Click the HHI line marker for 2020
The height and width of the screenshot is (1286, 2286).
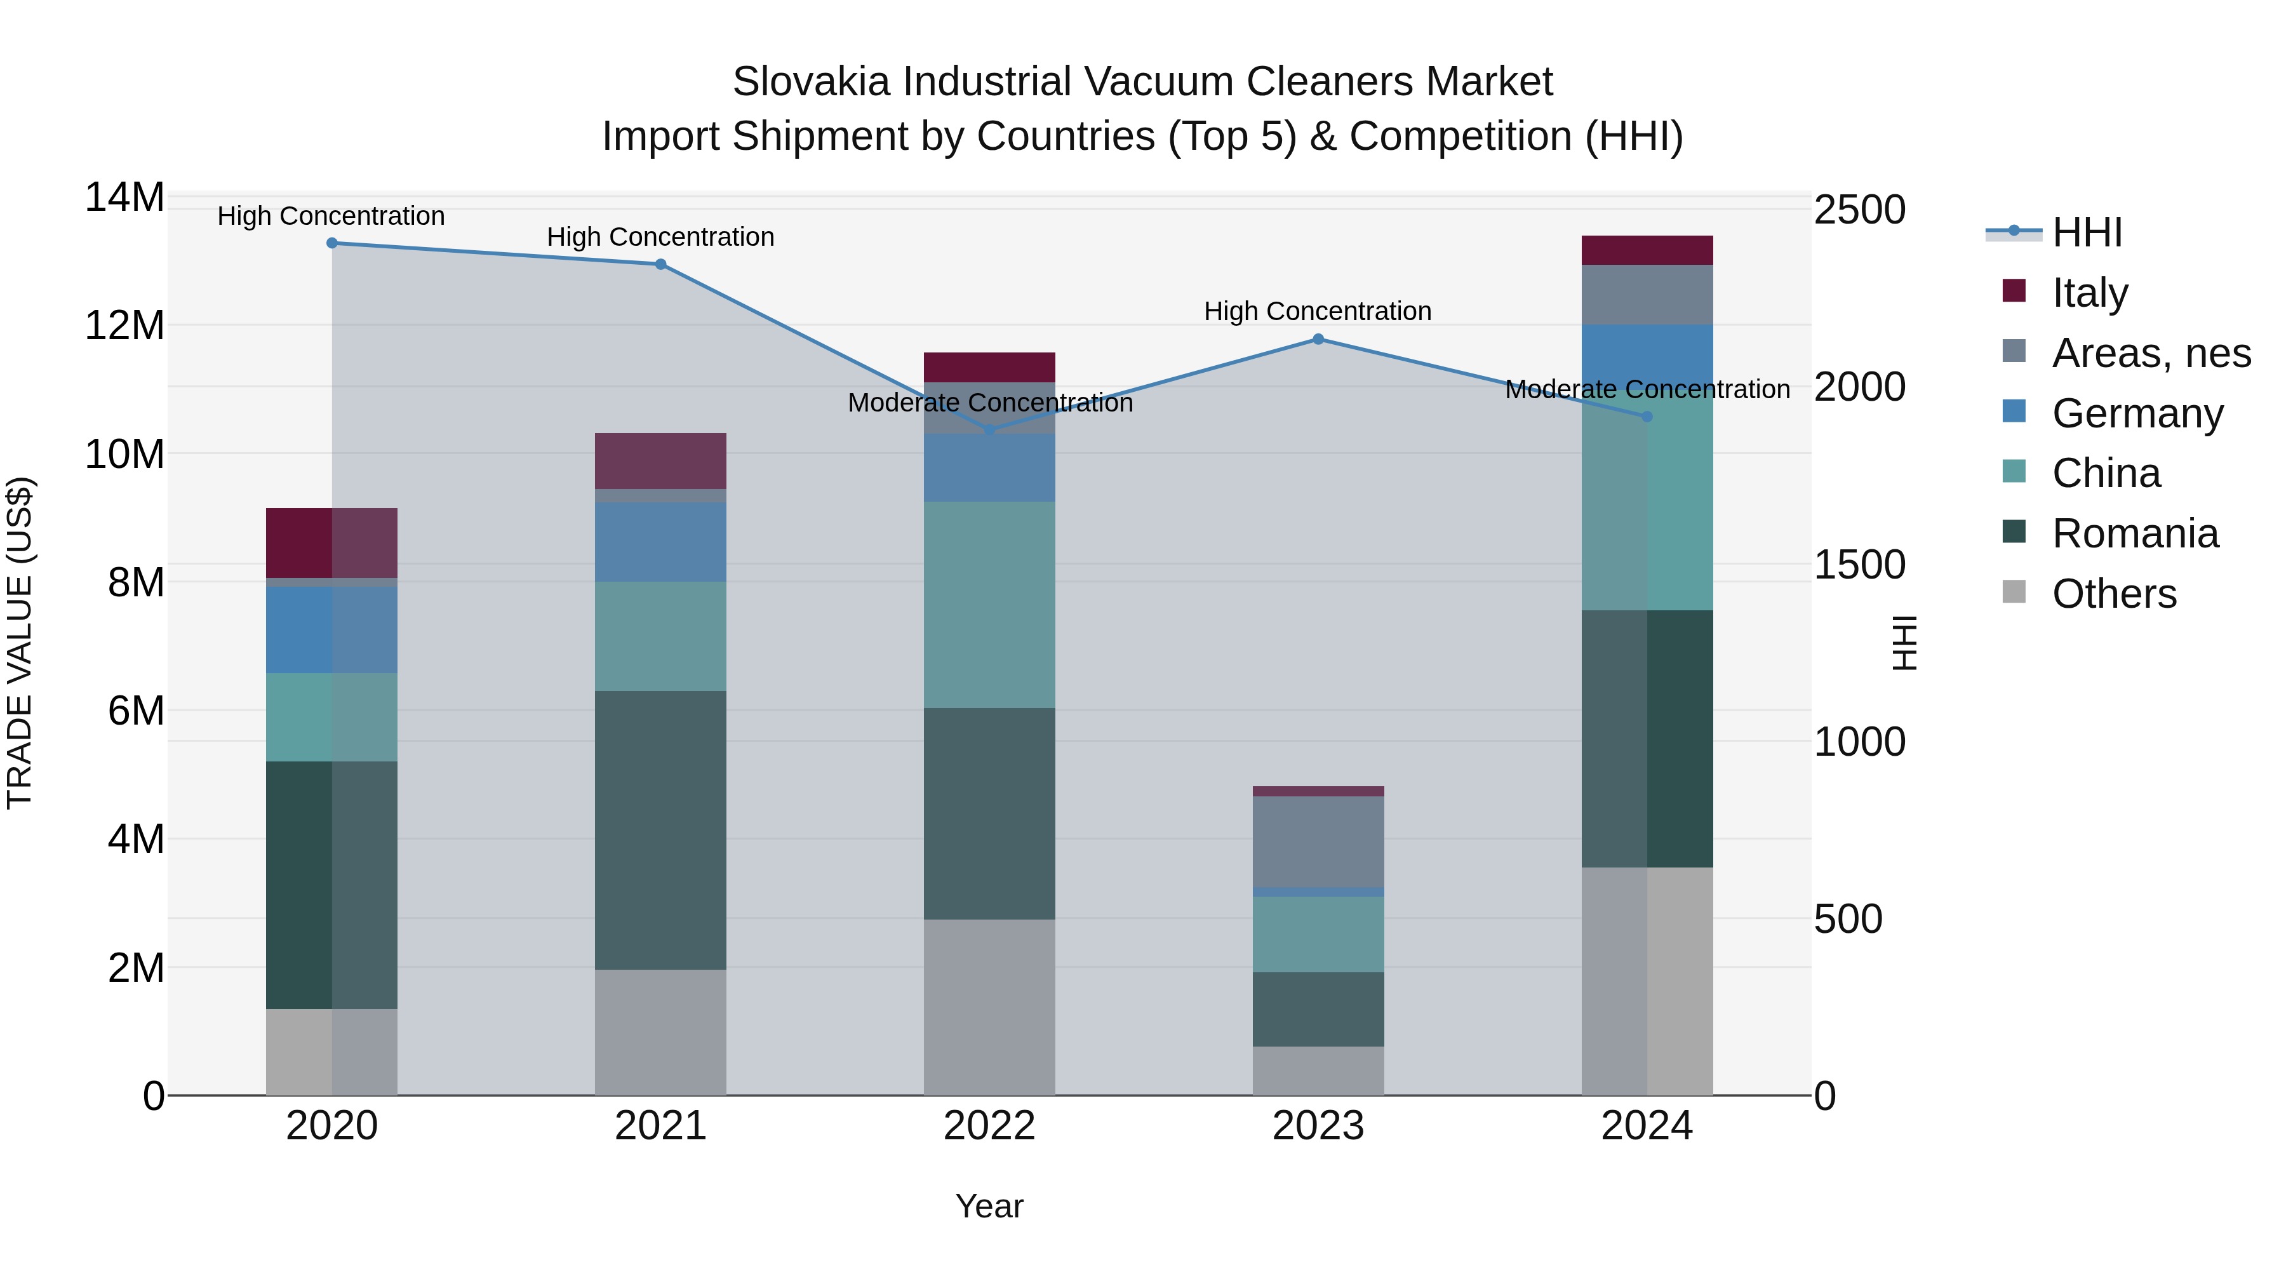pyautogui.click(x=332, y=243)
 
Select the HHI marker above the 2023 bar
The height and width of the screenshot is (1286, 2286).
pyautogui.click(x=1318, y=339)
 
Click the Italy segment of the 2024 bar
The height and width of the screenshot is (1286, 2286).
pyautogui.click(x=1647, y=250)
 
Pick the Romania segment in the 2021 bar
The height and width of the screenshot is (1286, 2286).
pyautogui.click(x=660, y=830)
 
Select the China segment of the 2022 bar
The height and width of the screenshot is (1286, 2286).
pyautogui.click(x=989, y=605)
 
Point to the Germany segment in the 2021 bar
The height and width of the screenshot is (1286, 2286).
pyautogui.click(x=660, y=542)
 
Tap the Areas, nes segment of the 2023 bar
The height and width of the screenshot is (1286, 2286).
pyautogui.click(x=1318, y=841)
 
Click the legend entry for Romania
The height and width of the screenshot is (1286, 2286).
pyautogui.click(x=2135, y=533)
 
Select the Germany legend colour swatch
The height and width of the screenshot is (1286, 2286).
pyautogui.click(x=2014, y=412)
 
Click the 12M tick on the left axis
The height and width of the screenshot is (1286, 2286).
pyautogui.click(x=124, y=326)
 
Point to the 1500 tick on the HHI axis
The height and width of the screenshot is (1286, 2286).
pyautogui.click(x=1859, y=565)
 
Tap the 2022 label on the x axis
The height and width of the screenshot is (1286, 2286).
pyautogui.click(x=989, y=1126)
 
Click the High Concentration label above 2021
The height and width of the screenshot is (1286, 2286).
pyautogui.click(x=660, y=237)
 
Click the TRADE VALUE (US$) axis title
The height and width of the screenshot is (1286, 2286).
pyautogui.click(x=20, y=643)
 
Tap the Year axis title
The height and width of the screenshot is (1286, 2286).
pyautogui.click(x=989, y=1206)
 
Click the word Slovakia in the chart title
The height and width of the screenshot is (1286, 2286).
pyautogui.click(x=810, y=82)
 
